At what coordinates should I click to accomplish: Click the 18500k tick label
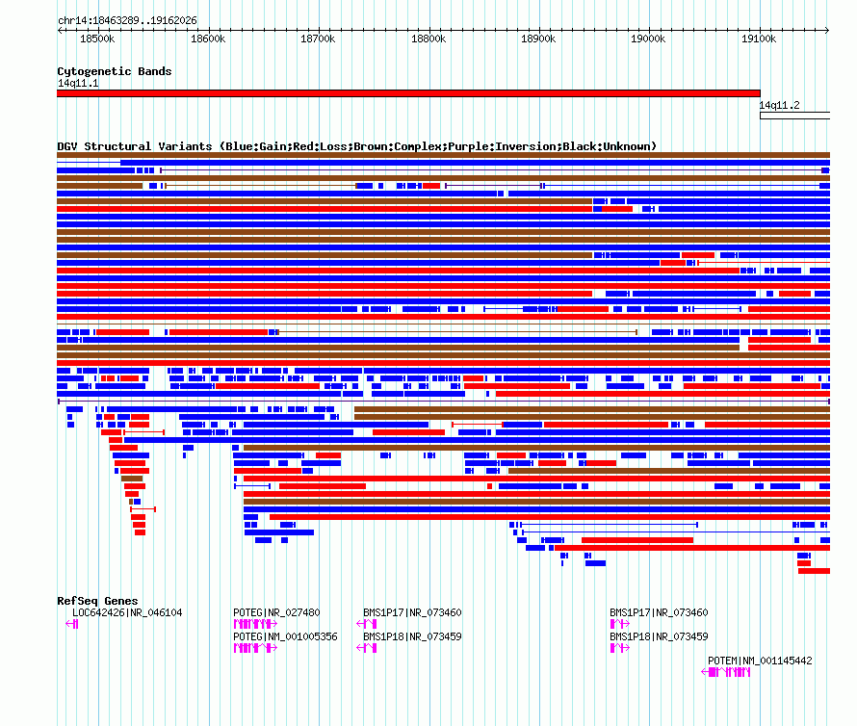[x=97, y=39]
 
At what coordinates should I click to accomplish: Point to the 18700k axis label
[x=318, y=39]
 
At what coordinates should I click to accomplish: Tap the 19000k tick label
[x=648, y=39]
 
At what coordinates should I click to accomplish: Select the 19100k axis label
[x=759, y=39]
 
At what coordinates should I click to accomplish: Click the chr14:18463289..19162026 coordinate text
[x=127, y=20]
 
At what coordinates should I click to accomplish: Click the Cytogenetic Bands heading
[x=115, y=71]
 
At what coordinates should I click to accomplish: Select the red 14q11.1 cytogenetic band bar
[x=408, y=93]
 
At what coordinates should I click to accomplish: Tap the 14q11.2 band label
[x=779, y=105]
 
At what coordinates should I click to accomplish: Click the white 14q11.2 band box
[x=794, y=116]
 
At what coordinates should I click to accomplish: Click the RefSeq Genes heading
[x=97, y=601]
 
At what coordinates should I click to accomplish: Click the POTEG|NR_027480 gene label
[x=276, y=612]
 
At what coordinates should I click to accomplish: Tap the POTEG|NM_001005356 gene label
[x=285, y=636]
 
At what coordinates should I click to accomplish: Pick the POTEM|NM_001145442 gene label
[x=760, y=661]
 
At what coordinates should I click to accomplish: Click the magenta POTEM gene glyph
[x=726, y=672]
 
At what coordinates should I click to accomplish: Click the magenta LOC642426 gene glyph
[x=72, y=624]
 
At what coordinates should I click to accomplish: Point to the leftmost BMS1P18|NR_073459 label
[x=412, y=636]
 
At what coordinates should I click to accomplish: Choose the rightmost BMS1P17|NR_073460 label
[x=659, y=612]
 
